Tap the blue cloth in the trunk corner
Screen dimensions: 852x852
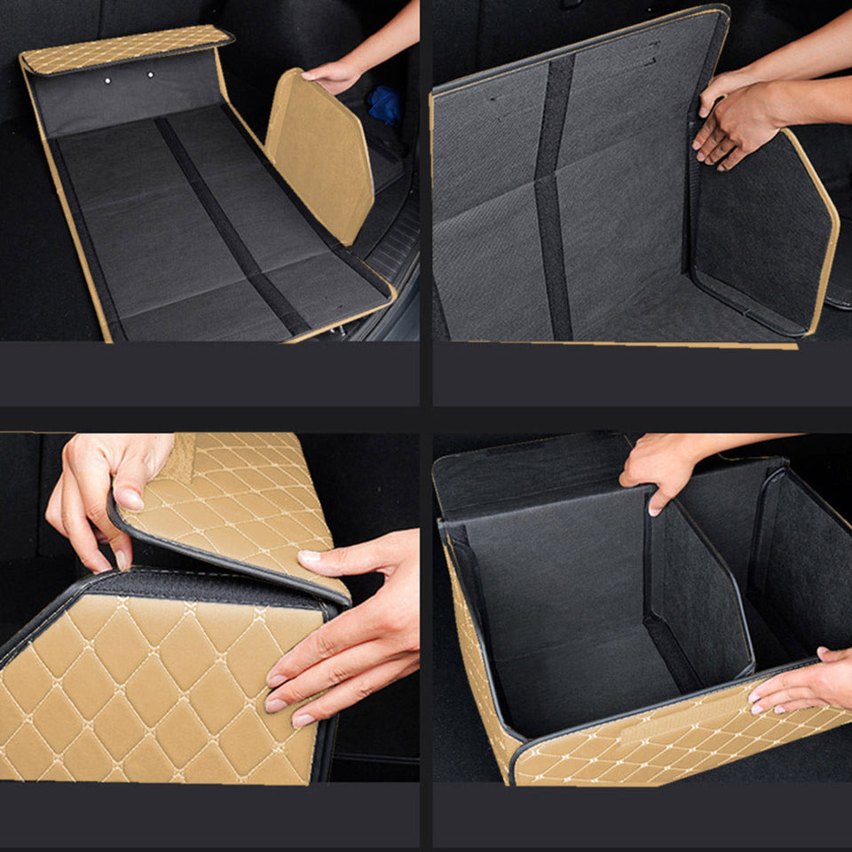384,104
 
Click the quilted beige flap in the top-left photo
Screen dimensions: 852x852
124,50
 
